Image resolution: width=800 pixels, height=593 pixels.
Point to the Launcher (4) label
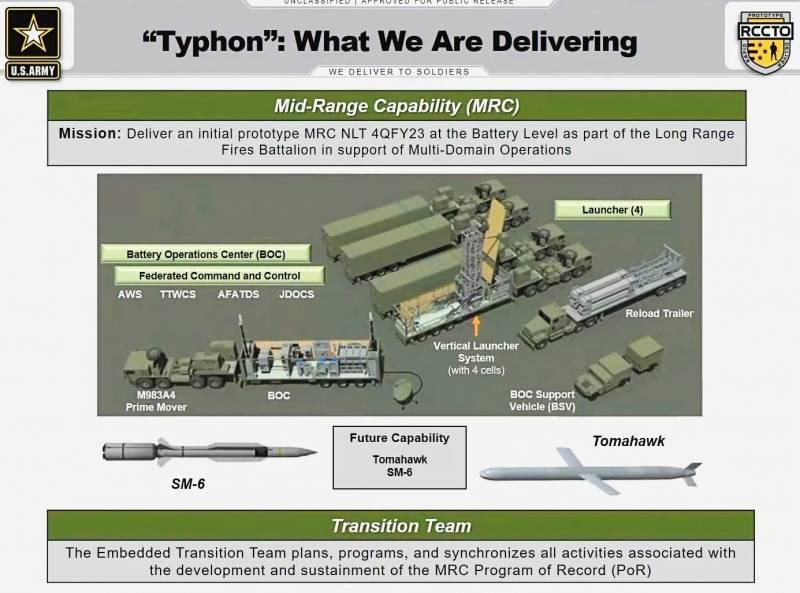(x=625, y=210)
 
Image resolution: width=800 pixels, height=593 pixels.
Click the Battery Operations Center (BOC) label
(x=205, y=254)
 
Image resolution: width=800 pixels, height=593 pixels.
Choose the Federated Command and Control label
(x=207, y=275)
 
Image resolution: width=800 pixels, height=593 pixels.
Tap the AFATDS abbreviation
(x=238, y=296)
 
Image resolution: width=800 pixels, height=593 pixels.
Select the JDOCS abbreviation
(x=297, y=296)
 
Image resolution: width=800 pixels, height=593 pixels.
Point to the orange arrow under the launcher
(x=476, y=323)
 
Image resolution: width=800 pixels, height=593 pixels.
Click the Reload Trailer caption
(x=659, y=314)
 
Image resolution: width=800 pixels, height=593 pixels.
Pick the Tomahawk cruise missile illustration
(x=590, y=467)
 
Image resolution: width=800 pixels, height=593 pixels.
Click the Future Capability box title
(x=399, y=438)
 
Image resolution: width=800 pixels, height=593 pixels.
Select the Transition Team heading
(x=400, y=525)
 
